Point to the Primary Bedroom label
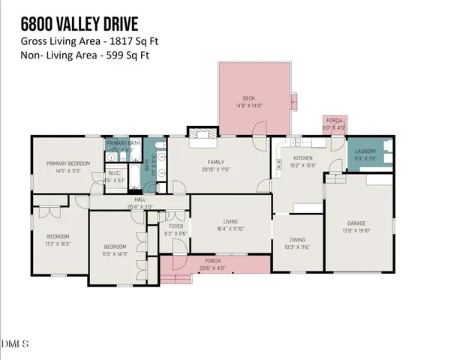coord(68,163)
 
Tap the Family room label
coord(216,161)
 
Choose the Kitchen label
coord(302,157)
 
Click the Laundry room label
coord(365,152)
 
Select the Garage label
coord(356,223)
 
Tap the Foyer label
coord(176,226)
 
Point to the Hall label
coord(140,199)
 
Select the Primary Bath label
coord(123,143)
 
